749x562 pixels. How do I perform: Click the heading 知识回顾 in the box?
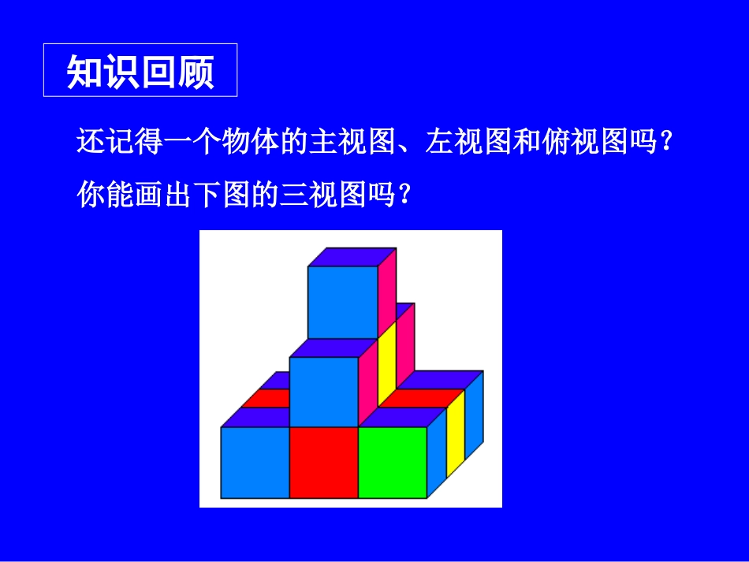click(x=140, y=71)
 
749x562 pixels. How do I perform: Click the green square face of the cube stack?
click(x=393, y=462)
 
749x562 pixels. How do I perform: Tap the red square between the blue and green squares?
click(x=324, y=462)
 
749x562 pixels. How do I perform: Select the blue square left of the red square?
click(x=255, y=462)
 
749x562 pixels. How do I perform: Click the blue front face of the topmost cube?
click(x=342, y=303)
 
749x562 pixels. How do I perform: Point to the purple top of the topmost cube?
click(x=352, y=257)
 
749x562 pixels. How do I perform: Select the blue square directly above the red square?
click(x=324, y=391)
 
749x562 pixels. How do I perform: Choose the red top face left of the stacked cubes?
click(x=266, y=399)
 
